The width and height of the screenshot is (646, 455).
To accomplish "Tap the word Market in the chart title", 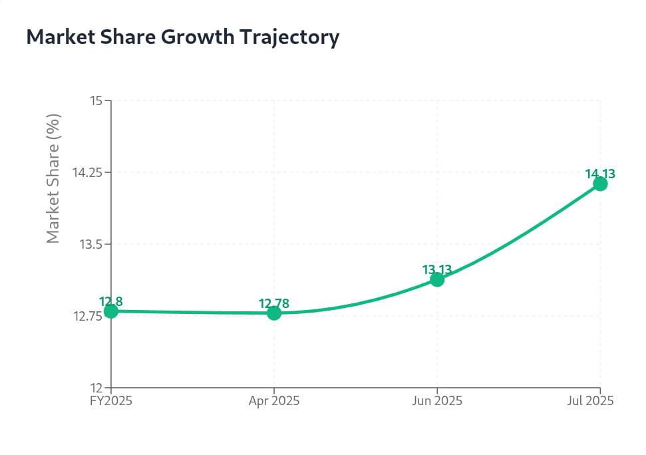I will click(58, 38).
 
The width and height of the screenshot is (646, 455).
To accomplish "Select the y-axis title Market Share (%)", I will click(53, 178).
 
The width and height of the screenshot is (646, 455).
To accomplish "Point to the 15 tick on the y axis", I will click(96, 100).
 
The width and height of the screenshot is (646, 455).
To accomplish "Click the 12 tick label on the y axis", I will click(96, 388).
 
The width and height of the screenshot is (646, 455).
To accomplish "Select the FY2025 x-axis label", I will click(111, 401).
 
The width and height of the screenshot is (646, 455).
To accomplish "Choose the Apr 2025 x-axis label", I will click(274, 401).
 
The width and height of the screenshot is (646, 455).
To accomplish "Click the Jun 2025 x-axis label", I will click(437, 401).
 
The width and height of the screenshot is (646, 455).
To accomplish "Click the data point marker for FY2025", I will click(111, 311).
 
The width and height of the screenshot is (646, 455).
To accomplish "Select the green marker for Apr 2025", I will click(274, 313).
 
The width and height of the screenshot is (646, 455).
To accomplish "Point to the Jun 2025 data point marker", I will click(437, 279).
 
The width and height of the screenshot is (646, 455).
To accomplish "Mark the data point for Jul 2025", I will click(600, 184).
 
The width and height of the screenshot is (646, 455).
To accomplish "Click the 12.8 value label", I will click(111, 301).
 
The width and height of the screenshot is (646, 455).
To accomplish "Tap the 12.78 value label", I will click(274, 304).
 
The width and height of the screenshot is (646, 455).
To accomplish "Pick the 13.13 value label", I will click(437, 269).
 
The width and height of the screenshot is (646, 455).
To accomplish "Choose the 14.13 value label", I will click(600, 174).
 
